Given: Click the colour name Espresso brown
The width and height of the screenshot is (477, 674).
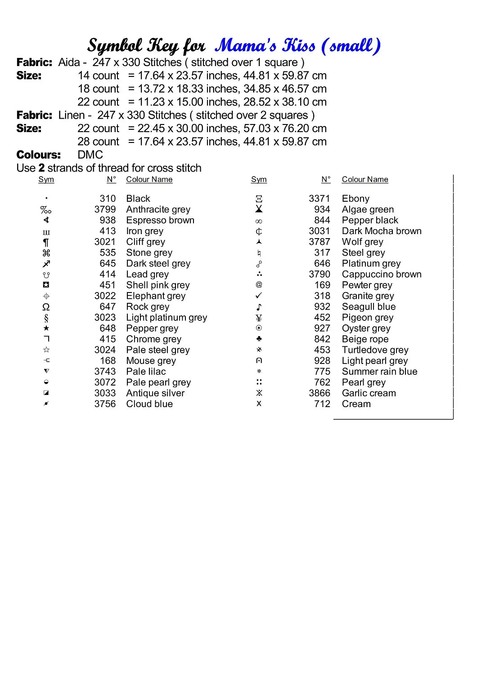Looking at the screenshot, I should (160, 220).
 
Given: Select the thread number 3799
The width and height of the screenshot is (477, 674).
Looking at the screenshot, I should (105, 209).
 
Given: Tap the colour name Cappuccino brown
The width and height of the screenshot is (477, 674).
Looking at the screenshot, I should (382, 274).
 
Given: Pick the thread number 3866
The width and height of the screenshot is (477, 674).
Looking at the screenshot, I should (319, 393).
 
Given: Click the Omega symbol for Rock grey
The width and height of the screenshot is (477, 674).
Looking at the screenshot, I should (46, 307).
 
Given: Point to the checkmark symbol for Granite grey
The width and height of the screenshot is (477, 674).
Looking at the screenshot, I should (259, 296).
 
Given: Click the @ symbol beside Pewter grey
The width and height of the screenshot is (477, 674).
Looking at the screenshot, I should (259, 285).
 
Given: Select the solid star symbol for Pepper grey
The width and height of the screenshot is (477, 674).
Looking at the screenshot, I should (46, 328).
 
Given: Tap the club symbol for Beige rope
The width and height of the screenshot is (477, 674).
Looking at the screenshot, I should (259, 339).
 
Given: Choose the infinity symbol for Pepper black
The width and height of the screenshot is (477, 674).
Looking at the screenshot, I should (259, 221).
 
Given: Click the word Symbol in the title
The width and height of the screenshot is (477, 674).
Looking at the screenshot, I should (115, 46).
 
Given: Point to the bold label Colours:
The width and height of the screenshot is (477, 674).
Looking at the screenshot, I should (39, 155).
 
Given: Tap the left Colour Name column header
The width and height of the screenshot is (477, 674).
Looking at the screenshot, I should (149, 180).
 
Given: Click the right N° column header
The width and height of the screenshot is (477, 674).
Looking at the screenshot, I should (326, 180).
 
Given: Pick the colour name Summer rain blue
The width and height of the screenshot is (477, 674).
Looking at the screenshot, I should (379, 372).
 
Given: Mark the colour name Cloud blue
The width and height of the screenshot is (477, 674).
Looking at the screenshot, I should (149, 404).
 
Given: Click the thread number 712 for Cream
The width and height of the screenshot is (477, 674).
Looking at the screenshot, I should (322, 404).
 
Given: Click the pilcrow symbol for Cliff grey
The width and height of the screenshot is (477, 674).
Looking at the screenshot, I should (46, 242).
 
